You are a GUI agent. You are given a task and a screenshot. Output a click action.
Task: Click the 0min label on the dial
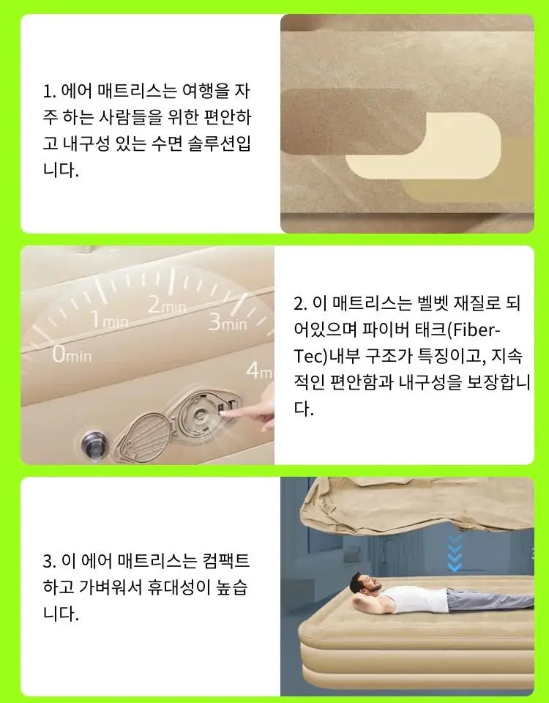pos(72,354)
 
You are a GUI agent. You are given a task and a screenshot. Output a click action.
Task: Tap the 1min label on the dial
pos(110,320)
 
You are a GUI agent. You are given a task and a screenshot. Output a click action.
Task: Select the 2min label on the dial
pos(167,305)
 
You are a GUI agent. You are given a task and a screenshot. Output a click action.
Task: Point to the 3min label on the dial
pos(228,321)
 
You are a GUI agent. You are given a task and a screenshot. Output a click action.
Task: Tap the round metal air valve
pos(94,445)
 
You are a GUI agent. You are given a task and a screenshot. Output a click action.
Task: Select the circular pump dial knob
pos(200,414)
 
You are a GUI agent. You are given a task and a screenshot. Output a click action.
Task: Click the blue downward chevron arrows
pos(455,553)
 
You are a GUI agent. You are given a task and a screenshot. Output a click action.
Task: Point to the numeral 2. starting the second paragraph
pos(300,304)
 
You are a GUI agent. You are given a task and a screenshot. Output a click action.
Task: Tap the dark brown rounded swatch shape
pos(350,122)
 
